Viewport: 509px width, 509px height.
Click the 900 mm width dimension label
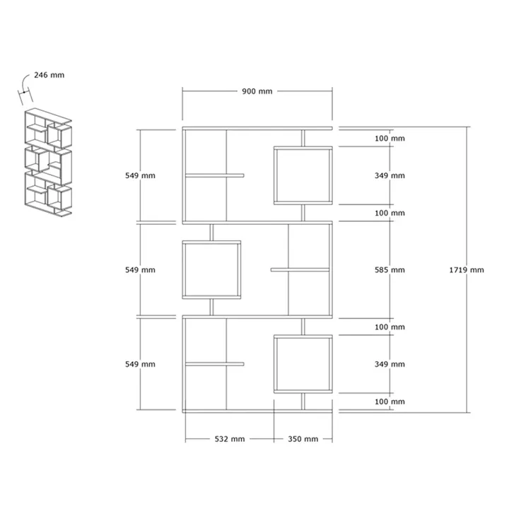tap(257, 91)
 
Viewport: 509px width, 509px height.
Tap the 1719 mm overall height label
tap(467, 270)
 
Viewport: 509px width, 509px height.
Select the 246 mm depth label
tap(49, 75)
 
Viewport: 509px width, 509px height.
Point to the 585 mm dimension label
tap(390, 270)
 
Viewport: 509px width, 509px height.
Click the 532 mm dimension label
tap(230, 439)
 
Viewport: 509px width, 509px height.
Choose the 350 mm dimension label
tap(303, 439)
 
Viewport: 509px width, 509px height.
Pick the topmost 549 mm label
tap(140, 175)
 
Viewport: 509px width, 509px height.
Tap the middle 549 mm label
tap(140, 270)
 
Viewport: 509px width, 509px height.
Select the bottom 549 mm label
tap(140, 364)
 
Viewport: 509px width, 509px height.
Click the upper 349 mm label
tap(390, 175)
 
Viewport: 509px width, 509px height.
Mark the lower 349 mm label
tap(390, 364)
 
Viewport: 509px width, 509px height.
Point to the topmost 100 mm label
tap(390, 139)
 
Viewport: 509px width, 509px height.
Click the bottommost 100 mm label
tap(390, 402)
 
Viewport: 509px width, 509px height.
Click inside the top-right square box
tap(303, 175)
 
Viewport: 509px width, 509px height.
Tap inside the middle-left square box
tap(211, 270)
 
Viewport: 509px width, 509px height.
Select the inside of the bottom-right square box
tap(303, 364)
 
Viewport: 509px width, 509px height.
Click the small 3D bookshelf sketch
tap(48, 163)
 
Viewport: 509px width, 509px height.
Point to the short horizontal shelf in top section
tap(215, 175)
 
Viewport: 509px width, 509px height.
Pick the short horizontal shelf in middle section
tap(300, 270)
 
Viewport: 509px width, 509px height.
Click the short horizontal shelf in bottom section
tap(215, 364)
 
